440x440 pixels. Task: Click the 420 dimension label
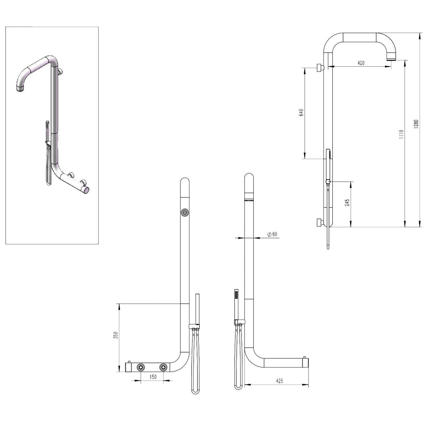click(361, 63)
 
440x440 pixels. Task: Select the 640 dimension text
click(301, 113)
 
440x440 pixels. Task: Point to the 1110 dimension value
click(401, 135)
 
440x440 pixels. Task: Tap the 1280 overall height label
click(416, 124)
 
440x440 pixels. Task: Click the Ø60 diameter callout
click(272, 234)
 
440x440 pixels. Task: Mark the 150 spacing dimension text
click(153, 377)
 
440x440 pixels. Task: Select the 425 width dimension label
click(279, 381)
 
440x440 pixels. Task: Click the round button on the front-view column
click(185, 213)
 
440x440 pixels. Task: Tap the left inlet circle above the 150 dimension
click(140, 368)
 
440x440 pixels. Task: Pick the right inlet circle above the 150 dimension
click(164, 368)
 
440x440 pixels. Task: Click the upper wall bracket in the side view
click(319, 67)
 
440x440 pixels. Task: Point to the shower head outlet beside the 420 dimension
click(391, 57)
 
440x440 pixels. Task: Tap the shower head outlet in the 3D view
click(20, 89)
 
